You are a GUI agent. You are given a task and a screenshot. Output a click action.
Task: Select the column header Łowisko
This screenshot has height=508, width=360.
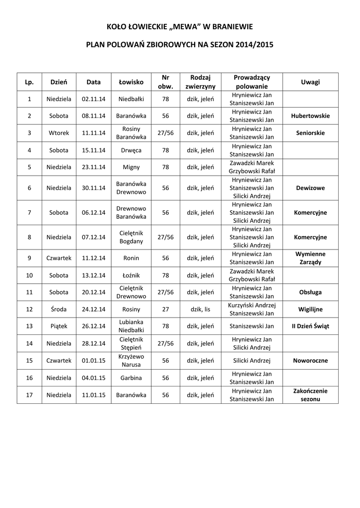click(131, 82)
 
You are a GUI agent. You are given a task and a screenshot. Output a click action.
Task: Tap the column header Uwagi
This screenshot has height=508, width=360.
click(310, 82)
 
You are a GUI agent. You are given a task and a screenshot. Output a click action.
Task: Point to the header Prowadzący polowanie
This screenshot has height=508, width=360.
click(252, 82)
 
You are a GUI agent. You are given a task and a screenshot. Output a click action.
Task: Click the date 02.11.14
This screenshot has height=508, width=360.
click(93, 99)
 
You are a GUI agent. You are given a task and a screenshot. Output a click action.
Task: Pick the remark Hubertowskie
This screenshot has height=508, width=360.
click(310, 116)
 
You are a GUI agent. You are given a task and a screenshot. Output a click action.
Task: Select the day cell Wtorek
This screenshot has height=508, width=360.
click(59, 133)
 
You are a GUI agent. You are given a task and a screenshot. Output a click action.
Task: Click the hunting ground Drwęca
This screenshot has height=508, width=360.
click(131, 150)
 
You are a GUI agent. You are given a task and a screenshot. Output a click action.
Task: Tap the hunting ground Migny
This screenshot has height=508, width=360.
click(131, 167)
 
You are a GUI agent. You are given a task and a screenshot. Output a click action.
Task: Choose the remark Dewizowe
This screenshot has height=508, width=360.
click(310, 188)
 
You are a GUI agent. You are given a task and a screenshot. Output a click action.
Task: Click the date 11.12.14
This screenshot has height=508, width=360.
click(93, 258)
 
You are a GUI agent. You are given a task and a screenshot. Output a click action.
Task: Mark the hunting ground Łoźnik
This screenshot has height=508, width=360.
click(131, 275)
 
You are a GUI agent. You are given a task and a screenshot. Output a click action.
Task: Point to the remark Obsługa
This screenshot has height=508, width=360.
click(310, 292)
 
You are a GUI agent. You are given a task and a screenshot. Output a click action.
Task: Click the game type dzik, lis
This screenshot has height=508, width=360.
click(200, 309)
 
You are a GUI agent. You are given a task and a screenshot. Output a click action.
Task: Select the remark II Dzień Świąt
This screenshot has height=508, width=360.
click(310, 326)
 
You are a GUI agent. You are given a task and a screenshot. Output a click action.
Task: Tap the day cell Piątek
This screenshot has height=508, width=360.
click(59, 326)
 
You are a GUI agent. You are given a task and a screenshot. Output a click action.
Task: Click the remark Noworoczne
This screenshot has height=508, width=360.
click(310, 361)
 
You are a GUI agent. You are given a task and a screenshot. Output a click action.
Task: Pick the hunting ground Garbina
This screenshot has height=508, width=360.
click(131, 378)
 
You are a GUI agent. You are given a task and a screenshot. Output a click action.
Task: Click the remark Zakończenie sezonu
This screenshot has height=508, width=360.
click(310, 395)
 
